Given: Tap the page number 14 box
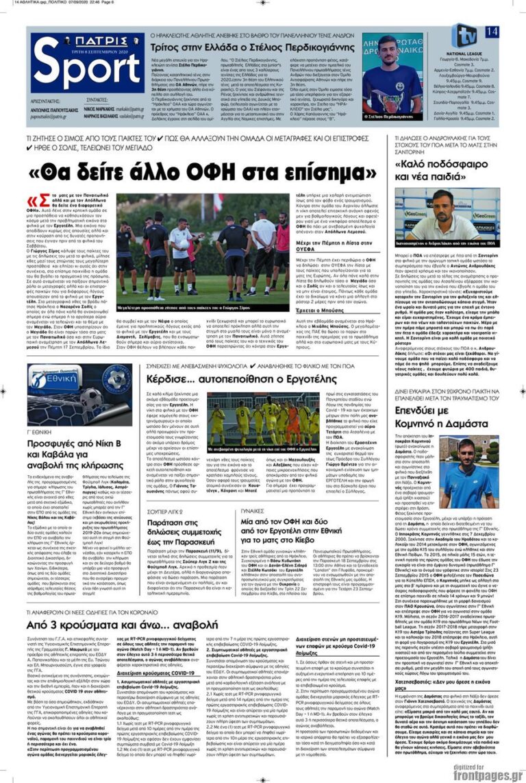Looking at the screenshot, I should click(491, 32).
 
